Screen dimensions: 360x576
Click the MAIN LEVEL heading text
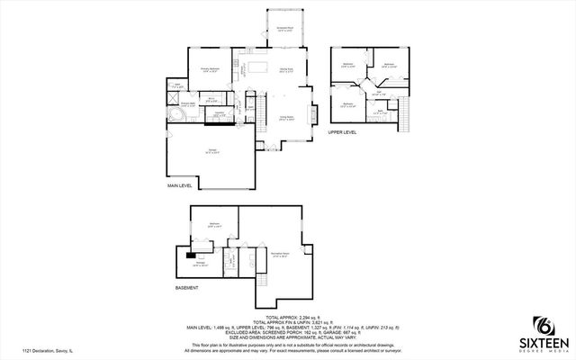181,185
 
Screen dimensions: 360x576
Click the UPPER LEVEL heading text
342,131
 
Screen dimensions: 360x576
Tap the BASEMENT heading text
187,288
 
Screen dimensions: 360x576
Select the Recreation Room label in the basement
279,255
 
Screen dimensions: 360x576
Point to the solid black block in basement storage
194,255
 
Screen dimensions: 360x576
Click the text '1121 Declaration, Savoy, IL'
48,352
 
